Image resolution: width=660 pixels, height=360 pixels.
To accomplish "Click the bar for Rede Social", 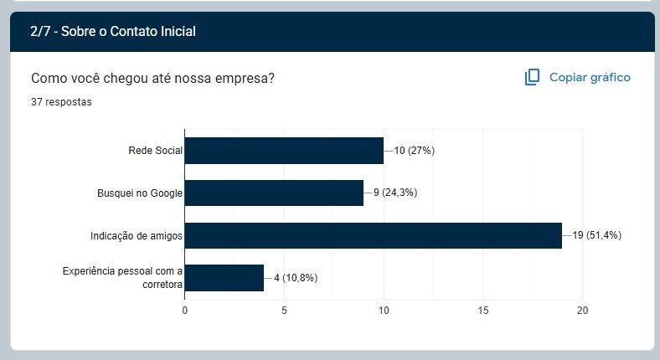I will pos(284,151).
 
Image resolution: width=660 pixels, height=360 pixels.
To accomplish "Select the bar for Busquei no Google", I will pos(274,193).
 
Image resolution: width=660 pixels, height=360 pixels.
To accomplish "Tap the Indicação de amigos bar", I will pos(373,235).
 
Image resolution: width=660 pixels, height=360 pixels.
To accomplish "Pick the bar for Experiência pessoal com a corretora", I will pos(224,278).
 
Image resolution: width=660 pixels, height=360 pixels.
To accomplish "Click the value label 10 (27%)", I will pos(414,151).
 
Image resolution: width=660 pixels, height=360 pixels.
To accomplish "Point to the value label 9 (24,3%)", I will pos(395,193).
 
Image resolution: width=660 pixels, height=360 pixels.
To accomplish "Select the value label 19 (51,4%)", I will pos(597,235).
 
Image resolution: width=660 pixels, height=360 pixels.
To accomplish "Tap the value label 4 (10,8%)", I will pos(296,278).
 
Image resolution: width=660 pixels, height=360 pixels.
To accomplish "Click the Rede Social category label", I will pos(155,151).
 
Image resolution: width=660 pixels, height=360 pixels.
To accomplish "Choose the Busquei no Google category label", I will pos(140,193).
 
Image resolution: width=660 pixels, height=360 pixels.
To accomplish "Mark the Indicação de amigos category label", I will pos(137,236).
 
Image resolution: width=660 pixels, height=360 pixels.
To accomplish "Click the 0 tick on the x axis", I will pos(185,311).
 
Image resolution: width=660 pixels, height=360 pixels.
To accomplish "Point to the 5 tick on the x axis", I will pos(285,311).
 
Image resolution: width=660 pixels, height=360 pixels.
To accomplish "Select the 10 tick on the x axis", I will pos(384,311).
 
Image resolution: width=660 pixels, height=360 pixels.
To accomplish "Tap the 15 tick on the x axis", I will pos(483,311).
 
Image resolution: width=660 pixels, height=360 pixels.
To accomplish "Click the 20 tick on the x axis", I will pos(583,311).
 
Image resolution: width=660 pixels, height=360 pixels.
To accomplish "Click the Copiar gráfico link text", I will pos(590,77).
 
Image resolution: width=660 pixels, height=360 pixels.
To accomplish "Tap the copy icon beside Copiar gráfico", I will pos(532,77).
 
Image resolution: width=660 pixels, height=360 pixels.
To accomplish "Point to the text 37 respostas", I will pos(61,102).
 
